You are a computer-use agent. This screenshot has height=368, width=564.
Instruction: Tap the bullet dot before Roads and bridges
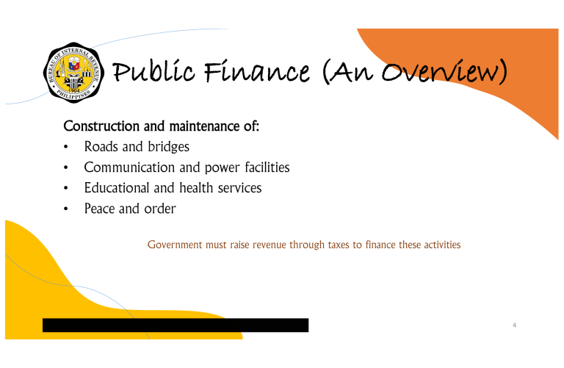pyautogui.click(x=66, y=148)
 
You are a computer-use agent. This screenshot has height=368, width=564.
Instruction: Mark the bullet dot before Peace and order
pyautogui.click(x=66, y=209)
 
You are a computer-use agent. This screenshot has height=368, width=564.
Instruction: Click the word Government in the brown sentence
pyautogui.click(x=175, y=245)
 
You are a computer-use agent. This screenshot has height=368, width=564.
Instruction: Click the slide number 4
pyautogui.click(x=514, y=325)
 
